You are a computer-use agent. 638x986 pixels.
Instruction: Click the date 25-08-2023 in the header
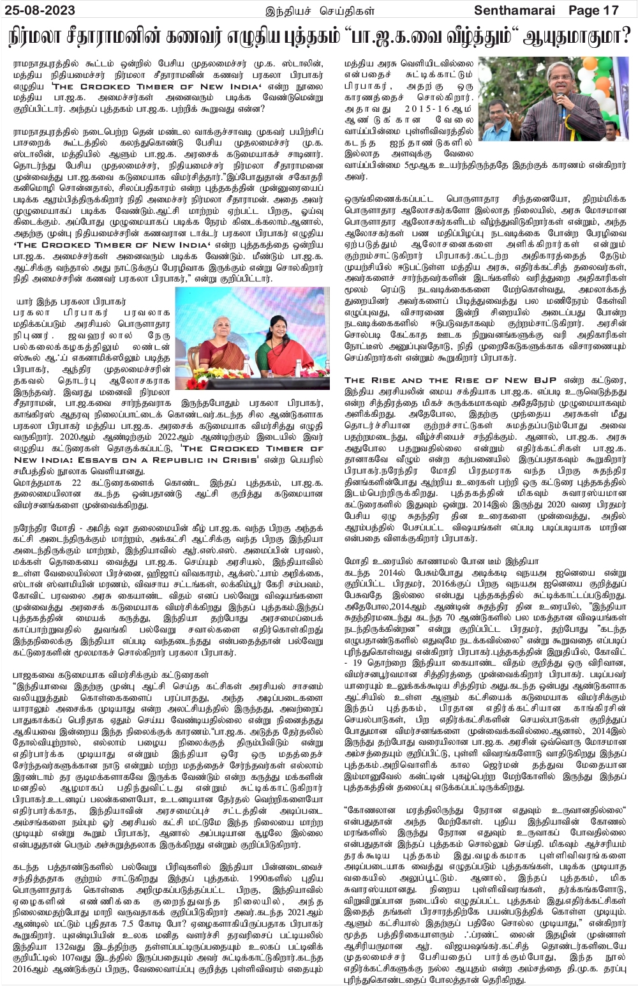pos(39,10)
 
